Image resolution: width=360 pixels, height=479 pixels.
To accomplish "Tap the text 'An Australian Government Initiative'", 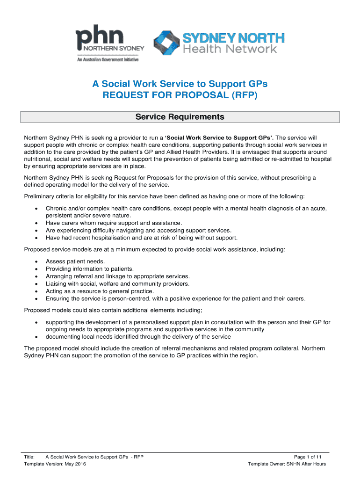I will click(108, 59).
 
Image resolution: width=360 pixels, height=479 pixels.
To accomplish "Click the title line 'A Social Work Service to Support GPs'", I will click(180, 84).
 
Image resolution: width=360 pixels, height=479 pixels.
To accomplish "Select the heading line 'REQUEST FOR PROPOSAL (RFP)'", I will click(180, 96).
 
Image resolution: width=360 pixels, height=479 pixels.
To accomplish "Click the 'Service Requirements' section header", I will click(180, 117).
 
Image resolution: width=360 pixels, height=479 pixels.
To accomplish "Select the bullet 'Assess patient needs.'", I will click(75, 261).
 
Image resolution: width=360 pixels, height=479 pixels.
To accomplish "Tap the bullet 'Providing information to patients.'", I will click(90, 269).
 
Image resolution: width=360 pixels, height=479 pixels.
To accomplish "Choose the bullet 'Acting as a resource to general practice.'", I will click(99, 291).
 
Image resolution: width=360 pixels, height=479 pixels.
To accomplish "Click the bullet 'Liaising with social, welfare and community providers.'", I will click(117, 283).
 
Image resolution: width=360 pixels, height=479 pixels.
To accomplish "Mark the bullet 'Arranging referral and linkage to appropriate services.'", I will click(117, 276).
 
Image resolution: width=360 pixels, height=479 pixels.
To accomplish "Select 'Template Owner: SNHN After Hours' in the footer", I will click(287, 464).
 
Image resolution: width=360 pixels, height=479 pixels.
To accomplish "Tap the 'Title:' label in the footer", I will click(30, 457).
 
